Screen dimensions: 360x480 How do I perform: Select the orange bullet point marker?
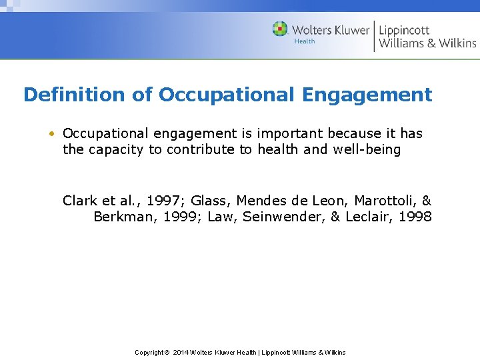coord(51,133)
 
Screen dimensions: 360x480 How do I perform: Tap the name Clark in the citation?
coord(79,201)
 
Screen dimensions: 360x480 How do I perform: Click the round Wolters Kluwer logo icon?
coord(280,29)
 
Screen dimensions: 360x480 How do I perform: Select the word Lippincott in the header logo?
coord(404,30)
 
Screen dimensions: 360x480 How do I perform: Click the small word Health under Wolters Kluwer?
coord(305,41)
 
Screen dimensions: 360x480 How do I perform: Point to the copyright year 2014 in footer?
coord(181,352)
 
